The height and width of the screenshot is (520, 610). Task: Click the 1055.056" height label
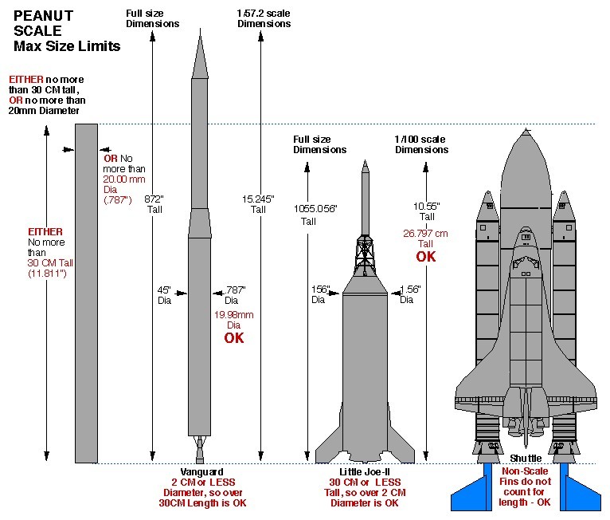tap(315, 208)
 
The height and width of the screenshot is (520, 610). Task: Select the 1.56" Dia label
tap(408, 294)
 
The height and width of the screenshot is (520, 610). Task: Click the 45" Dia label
tap(166, 294)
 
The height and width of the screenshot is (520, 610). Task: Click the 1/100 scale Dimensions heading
tap(421, 144)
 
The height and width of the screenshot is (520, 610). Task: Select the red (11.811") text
tap(49, 273)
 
